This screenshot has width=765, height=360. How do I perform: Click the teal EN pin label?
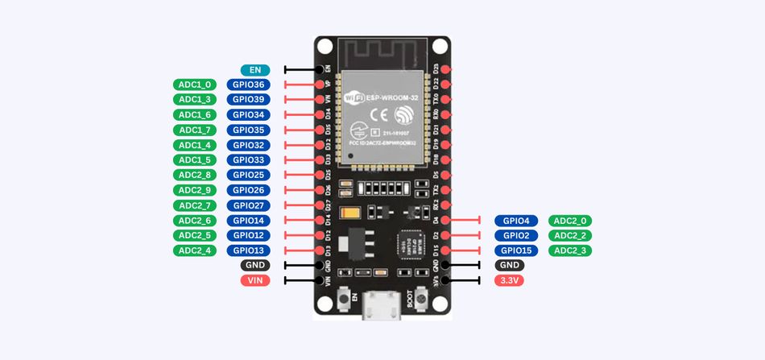[254, 70]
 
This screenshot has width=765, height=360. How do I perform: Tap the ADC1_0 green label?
[195, 85]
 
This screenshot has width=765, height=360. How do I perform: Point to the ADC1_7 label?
[195, 130]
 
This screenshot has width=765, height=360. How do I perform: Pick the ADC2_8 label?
[195, 175]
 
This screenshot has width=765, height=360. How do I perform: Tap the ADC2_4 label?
[195, 250]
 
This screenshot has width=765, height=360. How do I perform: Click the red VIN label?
[254, 280]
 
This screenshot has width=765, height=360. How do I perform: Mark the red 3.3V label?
[510, 280]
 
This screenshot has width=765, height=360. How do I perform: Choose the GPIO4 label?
[516, 221]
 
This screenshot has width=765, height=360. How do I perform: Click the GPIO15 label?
[516, 250]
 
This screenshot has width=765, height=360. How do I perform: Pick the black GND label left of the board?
[254, 265]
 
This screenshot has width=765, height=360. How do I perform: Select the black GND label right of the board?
[510, 265]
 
